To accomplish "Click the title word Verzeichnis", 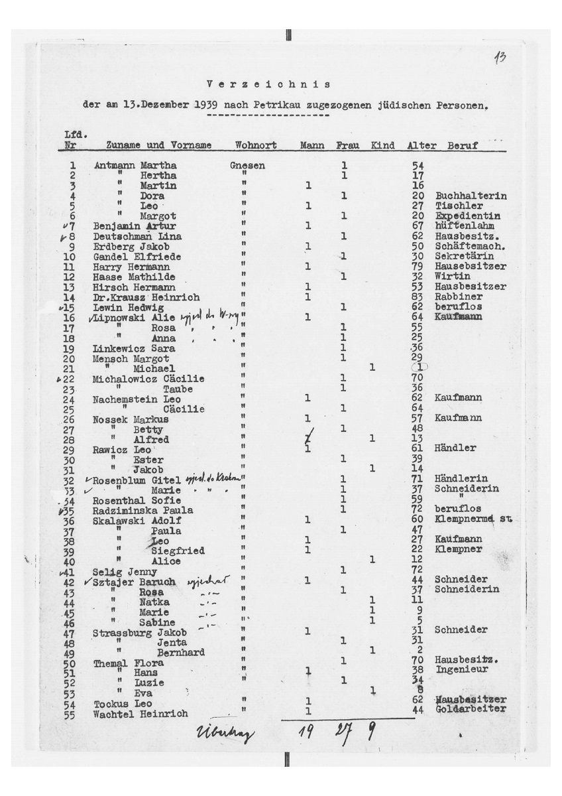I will (268, 85).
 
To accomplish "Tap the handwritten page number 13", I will (501, 58).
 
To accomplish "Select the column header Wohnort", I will (255, 144).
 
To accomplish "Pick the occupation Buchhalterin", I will (471, 196).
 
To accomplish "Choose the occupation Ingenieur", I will (462, 670).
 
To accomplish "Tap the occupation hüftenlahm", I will (464, 226).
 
